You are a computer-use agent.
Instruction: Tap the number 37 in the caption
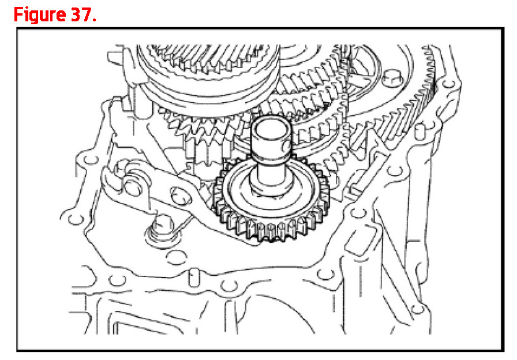(x=82, y=14)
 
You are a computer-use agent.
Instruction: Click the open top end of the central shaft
(x=272, y=126)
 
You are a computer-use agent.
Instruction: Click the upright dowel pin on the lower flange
(x=194, y=277)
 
